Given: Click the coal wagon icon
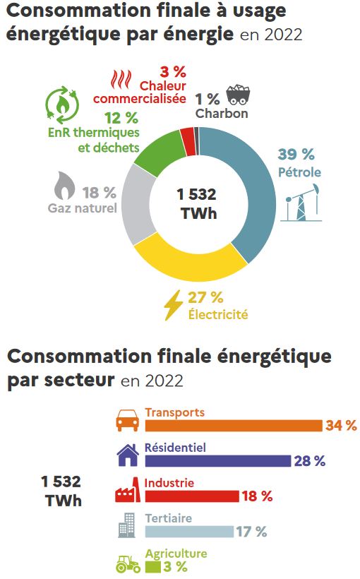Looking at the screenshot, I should pos(237,94).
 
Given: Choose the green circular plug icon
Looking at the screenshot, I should pos(61,104).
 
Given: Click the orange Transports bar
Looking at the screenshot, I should pos(233,425).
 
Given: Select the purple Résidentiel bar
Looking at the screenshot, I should pos(217,461).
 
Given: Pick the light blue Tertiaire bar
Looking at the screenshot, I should pos(188,532).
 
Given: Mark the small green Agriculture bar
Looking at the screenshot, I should pos(152,567).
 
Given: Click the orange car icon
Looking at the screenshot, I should pos(127,422).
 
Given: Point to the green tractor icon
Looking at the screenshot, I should pos(127,563).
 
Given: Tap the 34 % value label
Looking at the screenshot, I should pos(341,425).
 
